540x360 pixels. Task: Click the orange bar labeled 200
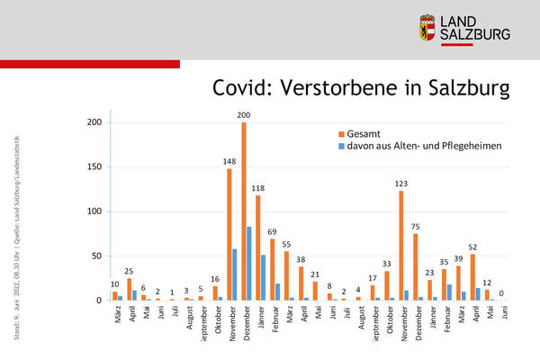tap(244, 211)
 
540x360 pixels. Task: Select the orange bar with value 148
tap(229, 234)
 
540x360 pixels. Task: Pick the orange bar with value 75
tap(415, 266)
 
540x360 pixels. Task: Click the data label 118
tap(259, 187)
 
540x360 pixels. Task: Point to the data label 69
tap(273, 231)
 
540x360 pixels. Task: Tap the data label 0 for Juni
tap(502, 292)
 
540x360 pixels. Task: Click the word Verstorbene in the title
tap(346, 87)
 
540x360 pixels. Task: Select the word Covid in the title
tap(243, 87)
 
